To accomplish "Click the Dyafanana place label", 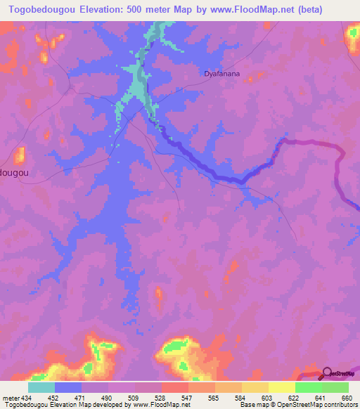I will (223, 72).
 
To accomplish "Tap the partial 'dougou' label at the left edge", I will (15, 171).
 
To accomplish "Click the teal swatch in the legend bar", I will (41, 387).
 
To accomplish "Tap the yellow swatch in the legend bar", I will (281, 387).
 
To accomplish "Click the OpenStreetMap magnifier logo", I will (330, 375).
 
